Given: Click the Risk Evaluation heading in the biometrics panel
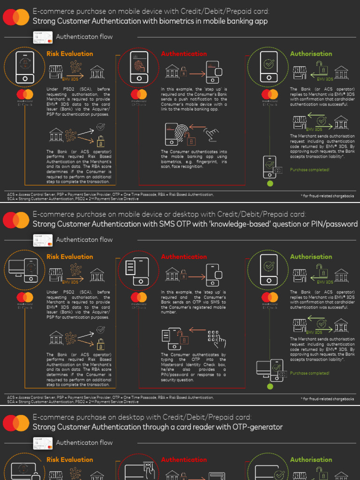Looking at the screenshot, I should (69, 54).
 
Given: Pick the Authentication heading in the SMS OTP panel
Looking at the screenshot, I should (184, 257).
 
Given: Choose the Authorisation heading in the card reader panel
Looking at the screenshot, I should (311, 460).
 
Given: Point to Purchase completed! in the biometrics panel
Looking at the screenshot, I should (309, 170).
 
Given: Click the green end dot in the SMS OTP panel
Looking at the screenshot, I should (270, 386).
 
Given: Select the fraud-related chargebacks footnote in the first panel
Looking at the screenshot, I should (327, 196).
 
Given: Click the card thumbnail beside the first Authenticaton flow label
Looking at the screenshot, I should (43, 37).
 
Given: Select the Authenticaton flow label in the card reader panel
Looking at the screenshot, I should (84, 442).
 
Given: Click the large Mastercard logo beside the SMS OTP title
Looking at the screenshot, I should (16, 220).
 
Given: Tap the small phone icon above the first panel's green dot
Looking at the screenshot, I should (270, 166).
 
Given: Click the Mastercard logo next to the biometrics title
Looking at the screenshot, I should (16, 17).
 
